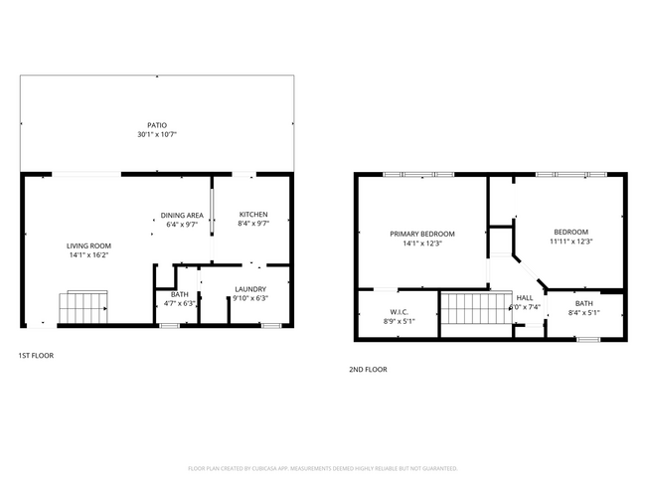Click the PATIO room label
tap(158, 124)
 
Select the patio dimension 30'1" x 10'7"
tap(158, 133)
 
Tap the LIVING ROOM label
tap(88, 245)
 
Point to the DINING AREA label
tap(182, 216)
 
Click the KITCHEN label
tap(253, 215)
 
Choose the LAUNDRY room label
tap(249, 289)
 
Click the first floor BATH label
tap(179, 294)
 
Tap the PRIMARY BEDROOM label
tap(421, 234)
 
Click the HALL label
tap(524, 297)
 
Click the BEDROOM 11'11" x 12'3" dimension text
tap(570, 241)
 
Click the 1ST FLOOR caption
tap(36, 356)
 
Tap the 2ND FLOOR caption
tap(368, 369)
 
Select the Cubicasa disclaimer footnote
tap(322, 467)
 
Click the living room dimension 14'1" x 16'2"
tap(88, 254)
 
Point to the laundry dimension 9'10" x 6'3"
tap(249, 298)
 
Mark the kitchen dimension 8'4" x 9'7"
tap(253, 224)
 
